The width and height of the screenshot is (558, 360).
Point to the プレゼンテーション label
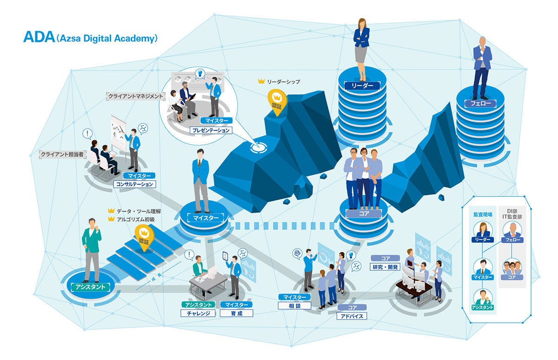point(212,130)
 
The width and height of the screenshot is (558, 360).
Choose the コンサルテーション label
point(134,184)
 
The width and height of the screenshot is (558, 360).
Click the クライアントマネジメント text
point(135,96)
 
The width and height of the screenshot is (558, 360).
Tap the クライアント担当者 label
point(62,154)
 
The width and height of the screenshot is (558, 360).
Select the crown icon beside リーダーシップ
point(261,81)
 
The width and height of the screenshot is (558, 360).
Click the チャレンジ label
point(198,313)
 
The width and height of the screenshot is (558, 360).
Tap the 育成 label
point(237,313)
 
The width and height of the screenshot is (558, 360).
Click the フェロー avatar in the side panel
point(512,230)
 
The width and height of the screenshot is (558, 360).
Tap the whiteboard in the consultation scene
point(118,133)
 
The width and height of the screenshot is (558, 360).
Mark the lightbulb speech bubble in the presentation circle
point(199,74)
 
